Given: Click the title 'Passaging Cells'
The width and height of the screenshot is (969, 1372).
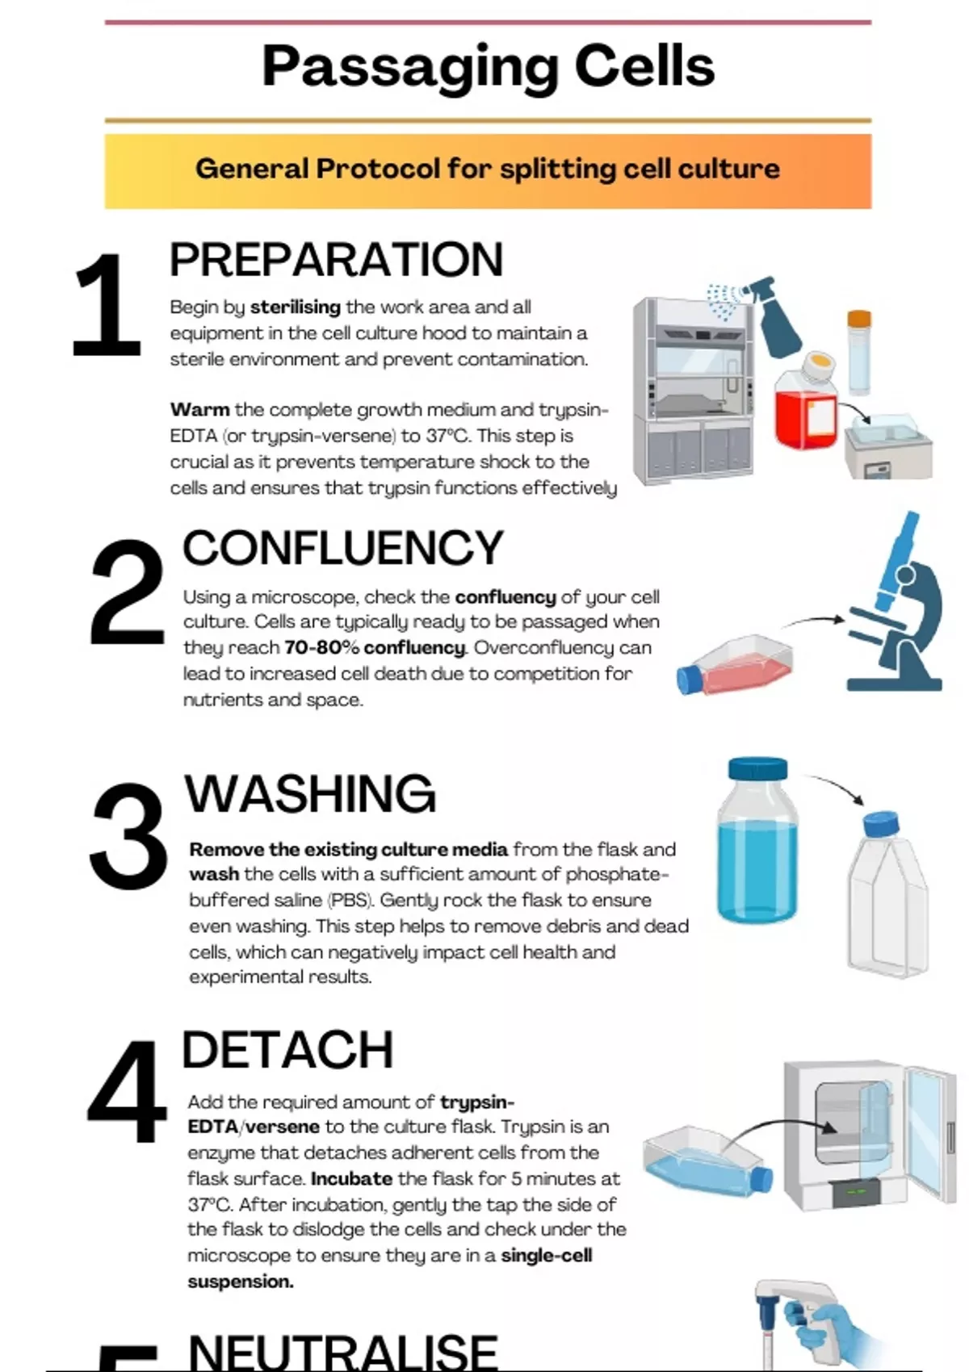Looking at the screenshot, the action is point(488,68).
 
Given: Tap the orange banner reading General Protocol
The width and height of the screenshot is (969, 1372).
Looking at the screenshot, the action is point(488,171).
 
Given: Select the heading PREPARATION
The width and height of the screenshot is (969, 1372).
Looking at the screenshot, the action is point(336,261).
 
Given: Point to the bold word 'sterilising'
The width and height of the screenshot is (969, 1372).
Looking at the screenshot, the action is point(296,307).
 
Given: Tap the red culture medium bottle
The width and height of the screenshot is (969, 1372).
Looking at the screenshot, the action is point(805,401).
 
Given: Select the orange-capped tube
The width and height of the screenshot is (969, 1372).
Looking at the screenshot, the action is point(859,352).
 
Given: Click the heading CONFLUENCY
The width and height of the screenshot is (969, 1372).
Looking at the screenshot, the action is point(343,548).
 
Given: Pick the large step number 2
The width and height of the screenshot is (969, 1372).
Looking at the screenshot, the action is point(128,592).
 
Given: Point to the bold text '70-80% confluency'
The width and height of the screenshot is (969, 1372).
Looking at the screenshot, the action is point(375,648).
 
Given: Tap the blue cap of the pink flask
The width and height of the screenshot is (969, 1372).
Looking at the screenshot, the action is point(689,680).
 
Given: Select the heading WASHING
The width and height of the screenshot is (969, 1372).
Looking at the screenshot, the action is point(310,794).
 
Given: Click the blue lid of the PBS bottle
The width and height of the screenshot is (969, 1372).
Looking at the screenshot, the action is point(757,768).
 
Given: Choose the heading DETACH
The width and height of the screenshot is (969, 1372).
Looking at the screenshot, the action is point(287,1051).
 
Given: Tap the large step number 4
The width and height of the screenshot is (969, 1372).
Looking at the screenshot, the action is point(127,1092).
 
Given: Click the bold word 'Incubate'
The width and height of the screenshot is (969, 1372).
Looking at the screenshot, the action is point(352,1179).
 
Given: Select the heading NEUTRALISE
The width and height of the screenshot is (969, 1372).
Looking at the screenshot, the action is point(343,1353).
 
